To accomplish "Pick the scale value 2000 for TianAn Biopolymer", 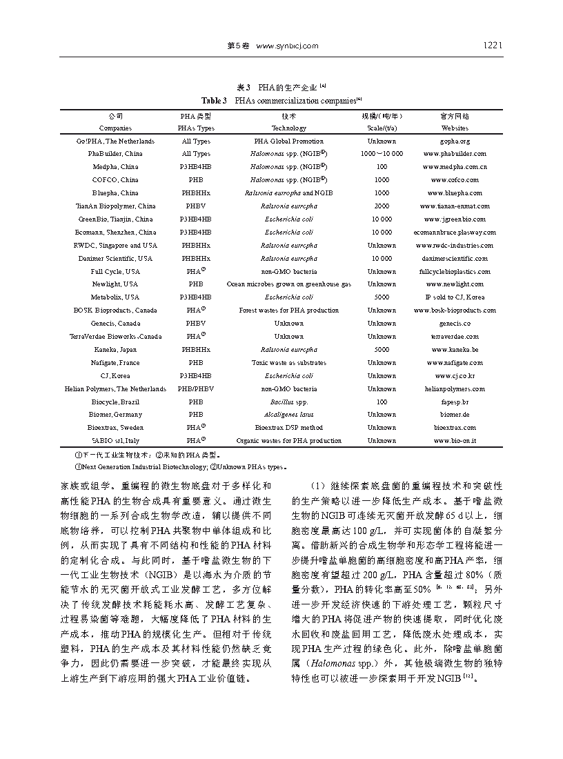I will pos(382,206).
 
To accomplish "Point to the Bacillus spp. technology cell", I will pos(288,402).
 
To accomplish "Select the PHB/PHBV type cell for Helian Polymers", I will pos(195,388).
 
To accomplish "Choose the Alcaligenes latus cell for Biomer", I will pos(288,415).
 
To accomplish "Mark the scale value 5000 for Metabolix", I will pos(382,297).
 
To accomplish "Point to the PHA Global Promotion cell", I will pos(288,141).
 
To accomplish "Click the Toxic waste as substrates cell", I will pos(288,363).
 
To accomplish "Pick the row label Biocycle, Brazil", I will pos(115,402).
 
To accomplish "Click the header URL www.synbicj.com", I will pos(287,46).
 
